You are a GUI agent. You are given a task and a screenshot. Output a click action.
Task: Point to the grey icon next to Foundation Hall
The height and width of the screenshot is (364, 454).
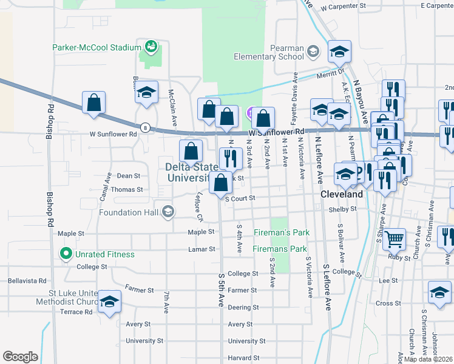tap(168, 212)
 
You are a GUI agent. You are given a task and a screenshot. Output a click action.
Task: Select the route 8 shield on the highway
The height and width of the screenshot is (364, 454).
tap(145, 127)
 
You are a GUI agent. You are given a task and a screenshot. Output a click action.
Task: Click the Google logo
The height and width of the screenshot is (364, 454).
tap(20, 356)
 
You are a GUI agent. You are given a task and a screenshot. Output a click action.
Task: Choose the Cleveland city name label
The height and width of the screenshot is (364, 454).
tap(341, 195)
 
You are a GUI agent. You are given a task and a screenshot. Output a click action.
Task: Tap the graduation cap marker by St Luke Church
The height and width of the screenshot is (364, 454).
tap(109, 302)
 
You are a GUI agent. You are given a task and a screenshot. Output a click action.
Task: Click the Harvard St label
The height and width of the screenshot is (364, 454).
tap(243, 358)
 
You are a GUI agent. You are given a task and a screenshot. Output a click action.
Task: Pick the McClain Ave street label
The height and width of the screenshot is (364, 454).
tap(172, 108)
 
